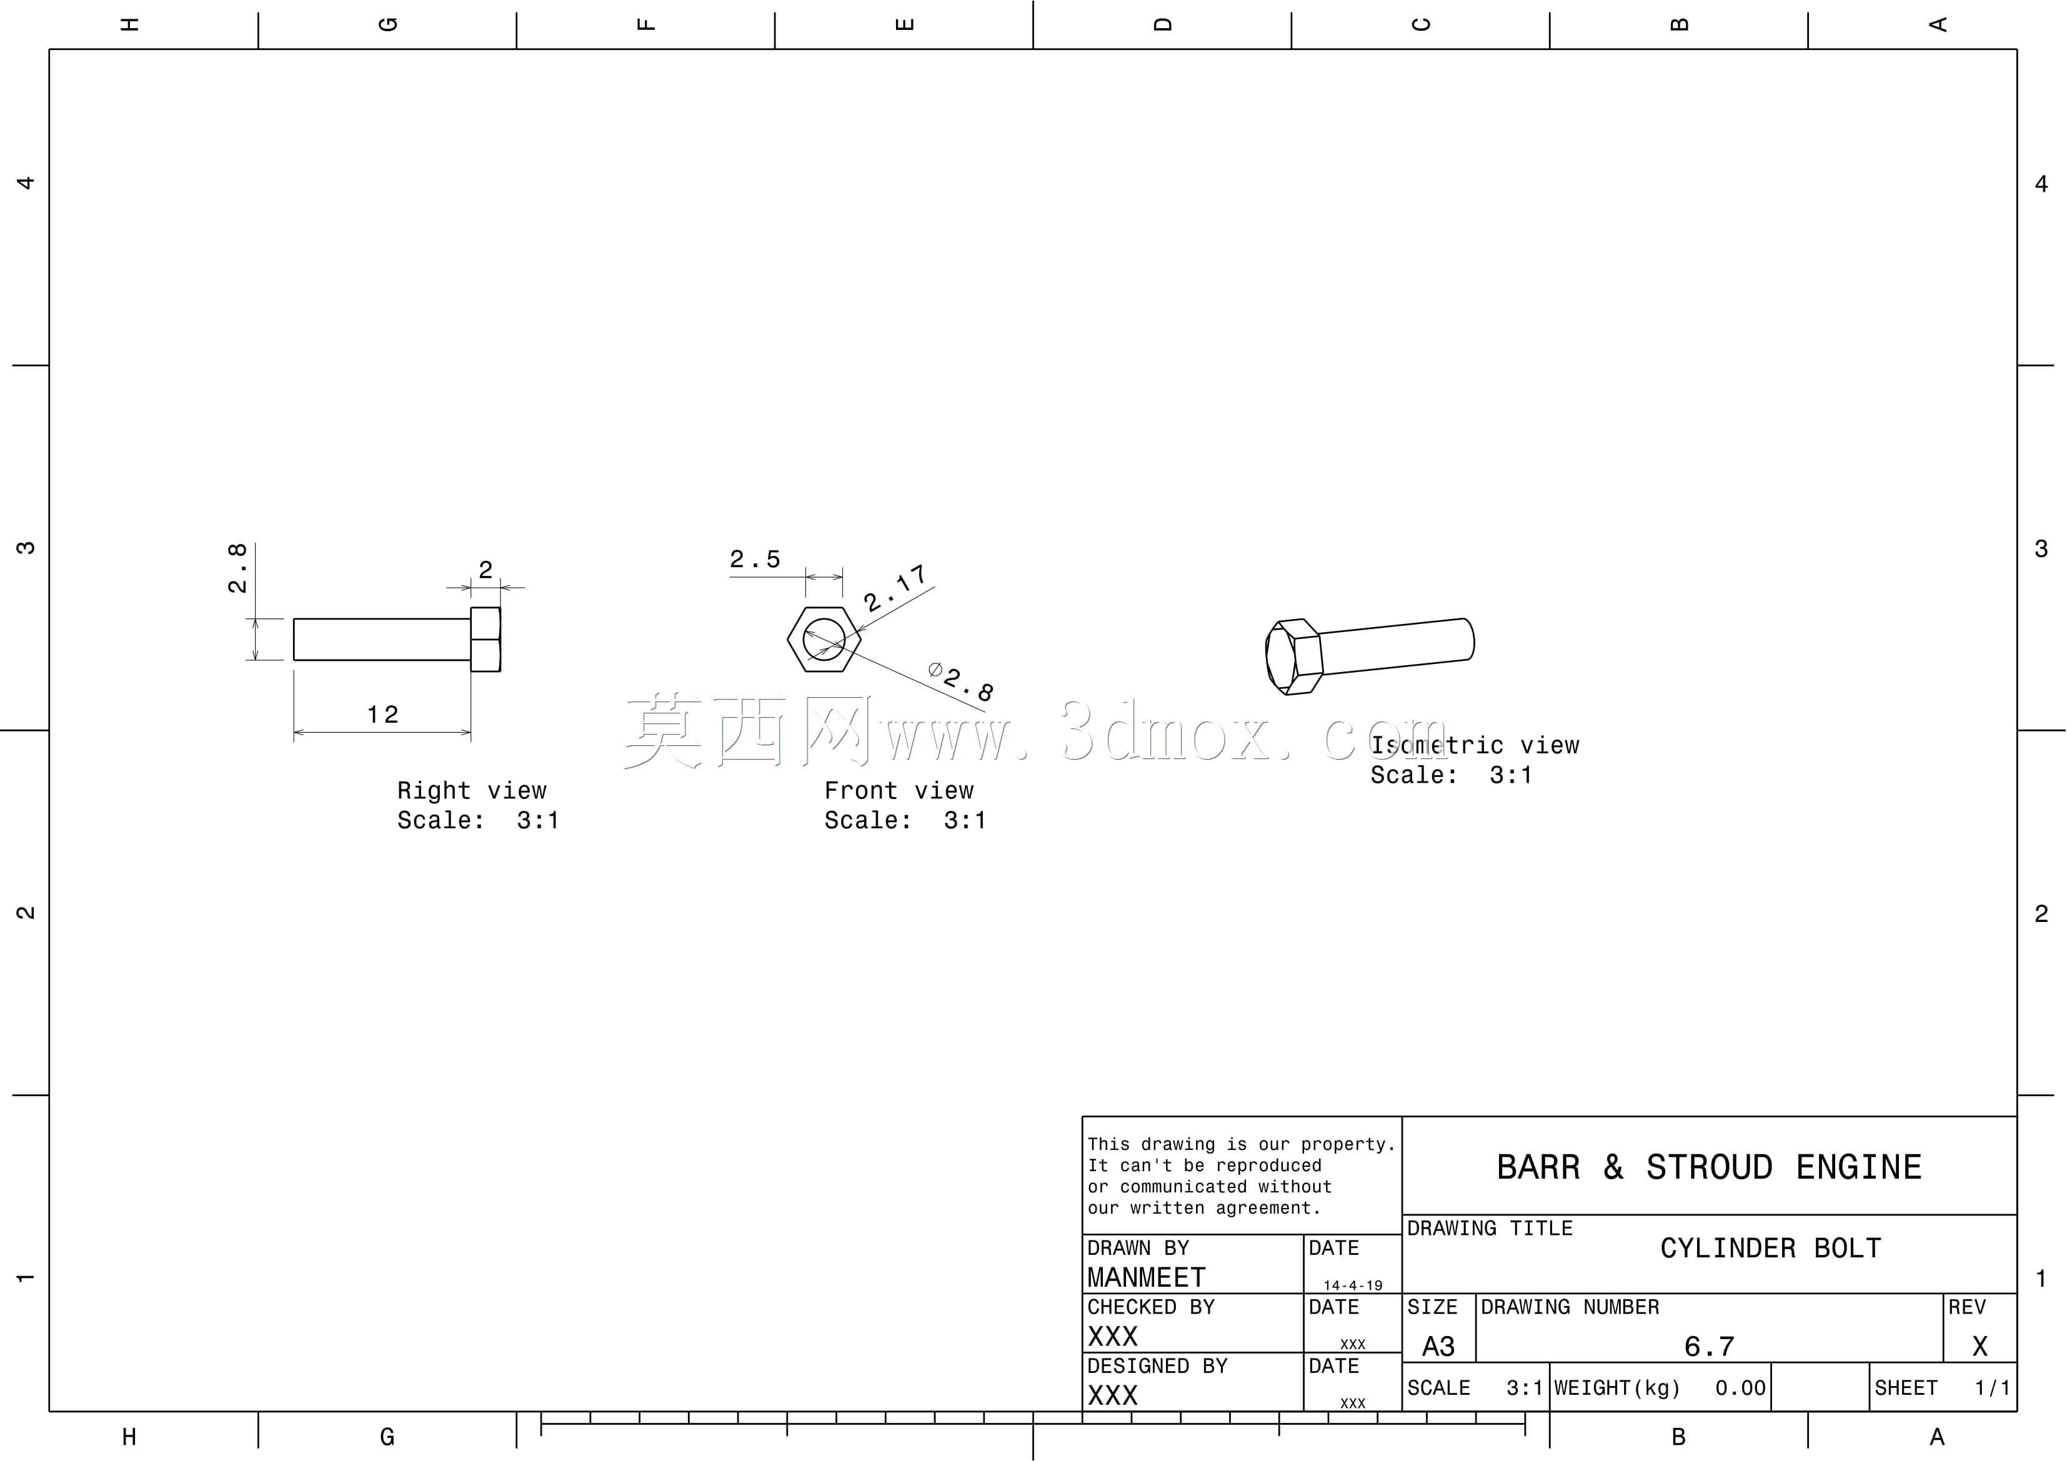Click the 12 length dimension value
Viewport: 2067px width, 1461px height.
382,715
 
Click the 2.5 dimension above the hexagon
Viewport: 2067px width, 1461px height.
754,559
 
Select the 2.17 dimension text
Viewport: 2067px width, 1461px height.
895,589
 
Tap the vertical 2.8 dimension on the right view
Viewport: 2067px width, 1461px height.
237,568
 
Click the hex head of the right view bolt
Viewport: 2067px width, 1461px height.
486,639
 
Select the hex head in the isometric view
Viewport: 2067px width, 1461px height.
1293,656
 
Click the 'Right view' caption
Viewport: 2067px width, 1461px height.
472,790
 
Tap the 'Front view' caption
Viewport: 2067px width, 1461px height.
899,790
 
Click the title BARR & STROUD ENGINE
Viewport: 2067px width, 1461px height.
1709,1167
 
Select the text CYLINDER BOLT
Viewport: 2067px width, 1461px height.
1771,1249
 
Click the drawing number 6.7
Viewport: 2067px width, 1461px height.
1709,1347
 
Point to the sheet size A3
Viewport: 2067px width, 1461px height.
1438,1347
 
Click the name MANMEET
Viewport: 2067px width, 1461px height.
1146,1278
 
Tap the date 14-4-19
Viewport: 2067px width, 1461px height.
1352,1285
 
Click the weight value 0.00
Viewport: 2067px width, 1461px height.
1740,1388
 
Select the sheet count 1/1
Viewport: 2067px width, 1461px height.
1992,1388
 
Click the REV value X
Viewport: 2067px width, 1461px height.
1980,1347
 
